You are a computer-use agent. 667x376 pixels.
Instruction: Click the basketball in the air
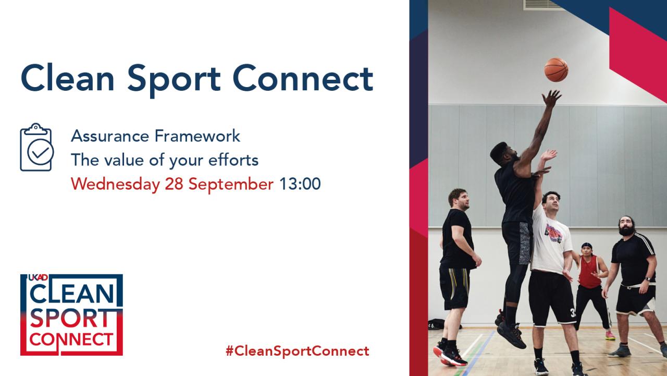(556, 69)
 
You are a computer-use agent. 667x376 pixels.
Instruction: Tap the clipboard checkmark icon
(36, 148)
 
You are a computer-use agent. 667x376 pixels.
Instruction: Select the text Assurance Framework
(155, 136)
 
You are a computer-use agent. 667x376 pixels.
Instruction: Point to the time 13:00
(300, 184)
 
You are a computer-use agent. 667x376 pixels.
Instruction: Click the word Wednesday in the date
(115, 184)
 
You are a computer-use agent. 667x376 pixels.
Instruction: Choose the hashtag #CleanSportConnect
(297, 350)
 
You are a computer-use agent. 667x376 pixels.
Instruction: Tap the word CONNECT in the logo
(71, 340)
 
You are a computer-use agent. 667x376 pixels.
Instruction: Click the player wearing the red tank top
(589, 271)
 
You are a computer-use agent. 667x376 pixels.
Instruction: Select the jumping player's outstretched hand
(551, 98)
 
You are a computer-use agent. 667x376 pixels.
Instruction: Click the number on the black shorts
(573, 312)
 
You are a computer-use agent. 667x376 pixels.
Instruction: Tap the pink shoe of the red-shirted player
(610, 335)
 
